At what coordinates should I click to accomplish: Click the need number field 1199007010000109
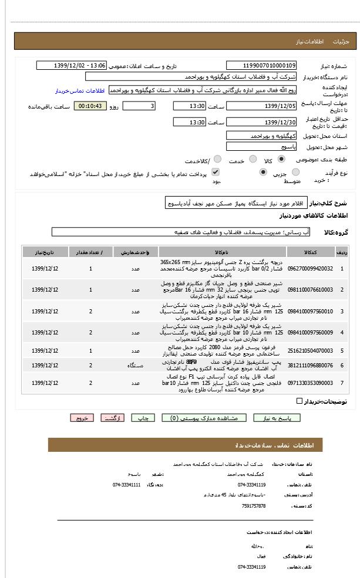[261, 66]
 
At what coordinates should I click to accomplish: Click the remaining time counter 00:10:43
[90, 106]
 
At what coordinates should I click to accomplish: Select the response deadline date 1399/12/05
[261, 106]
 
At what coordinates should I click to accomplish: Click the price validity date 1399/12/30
[261, 122]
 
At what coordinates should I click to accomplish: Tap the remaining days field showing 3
[139, 106]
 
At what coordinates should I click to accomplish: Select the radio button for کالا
[281, 159]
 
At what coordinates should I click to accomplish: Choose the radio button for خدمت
[253, 159]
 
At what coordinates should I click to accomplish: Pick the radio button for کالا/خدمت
[217, 159]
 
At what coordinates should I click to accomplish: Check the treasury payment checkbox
[216, 172]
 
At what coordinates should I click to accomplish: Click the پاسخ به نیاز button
[277, 418]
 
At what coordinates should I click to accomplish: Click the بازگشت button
[113, 418]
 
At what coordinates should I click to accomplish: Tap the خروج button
[82, 418]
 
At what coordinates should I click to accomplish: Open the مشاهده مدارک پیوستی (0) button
[200, 418]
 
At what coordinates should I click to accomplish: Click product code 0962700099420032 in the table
[309, 268]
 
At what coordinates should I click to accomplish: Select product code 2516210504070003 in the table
[309, 350]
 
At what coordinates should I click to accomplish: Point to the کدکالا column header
[310, 252]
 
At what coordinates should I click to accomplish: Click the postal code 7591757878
[254, 505]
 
